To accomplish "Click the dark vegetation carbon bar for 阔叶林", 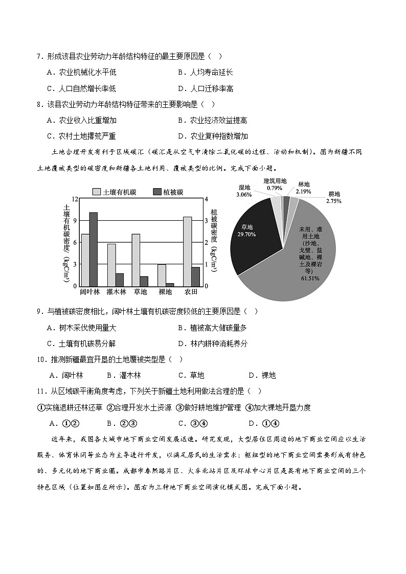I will (x=93, y=249).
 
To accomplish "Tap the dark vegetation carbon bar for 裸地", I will (x=170, y=284).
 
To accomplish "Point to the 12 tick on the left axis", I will (x=74, y=199).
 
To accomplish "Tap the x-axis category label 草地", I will (x=140, y=292).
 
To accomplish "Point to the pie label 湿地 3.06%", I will (x=244, y=191).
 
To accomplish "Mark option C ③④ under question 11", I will (x=192, y=423).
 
